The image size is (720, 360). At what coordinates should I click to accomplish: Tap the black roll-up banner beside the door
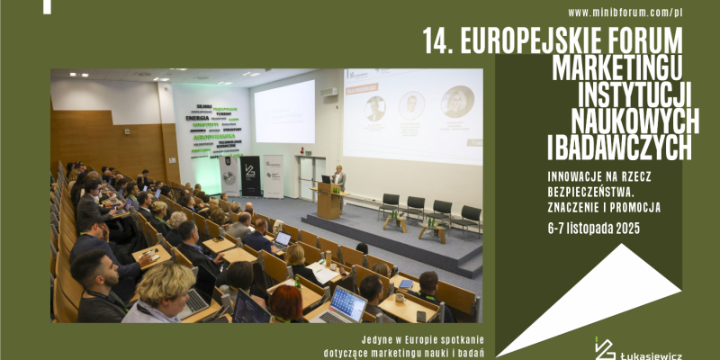click(x=249, y=175)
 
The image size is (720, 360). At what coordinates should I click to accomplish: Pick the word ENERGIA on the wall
click(x=197, y=117)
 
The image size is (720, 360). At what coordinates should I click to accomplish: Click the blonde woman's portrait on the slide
click(x=457, y=101)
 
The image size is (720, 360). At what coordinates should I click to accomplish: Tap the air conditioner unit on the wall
click(x=329, y=93)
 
